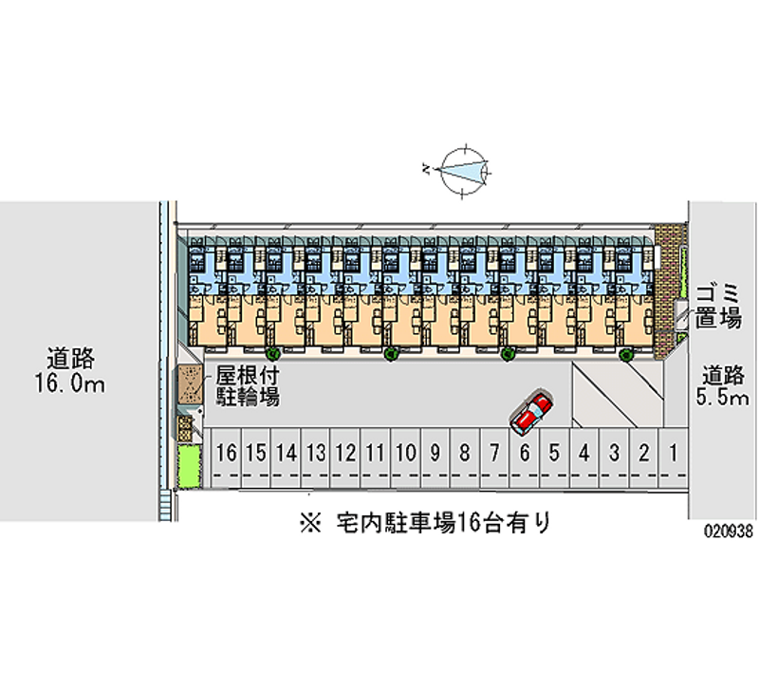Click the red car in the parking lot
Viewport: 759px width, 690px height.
[x=530, y=411]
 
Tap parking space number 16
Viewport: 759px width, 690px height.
[x=226, y=453]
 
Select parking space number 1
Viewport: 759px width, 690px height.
[x=673, y=453]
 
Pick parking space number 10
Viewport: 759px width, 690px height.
[x=405, y=453]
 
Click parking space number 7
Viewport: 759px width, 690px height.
[x=494, y=453]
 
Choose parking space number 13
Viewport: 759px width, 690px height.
[x=316, y=453]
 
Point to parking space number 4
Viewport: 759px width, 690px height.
[x=584, y=453]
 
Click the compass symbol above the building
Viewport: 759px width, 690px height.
[x=462, y=170]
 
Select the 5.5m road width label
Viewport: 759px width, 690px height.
[x=722, y=385]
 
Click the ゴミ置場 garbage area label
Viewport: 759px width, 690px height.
[x=718, y=305]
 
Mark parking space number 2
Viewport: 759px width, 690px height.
[x=643, y=453]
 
